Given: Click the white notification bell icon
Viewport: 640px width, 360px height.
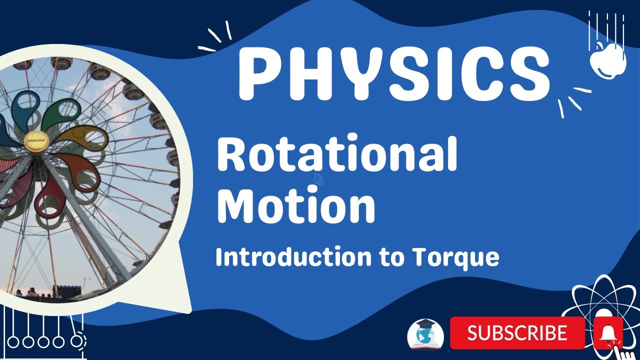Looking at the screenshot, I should tap(608, 332).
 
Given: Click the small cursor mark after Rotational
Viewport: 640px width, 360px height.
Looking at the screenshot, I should tap(318, 179).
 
